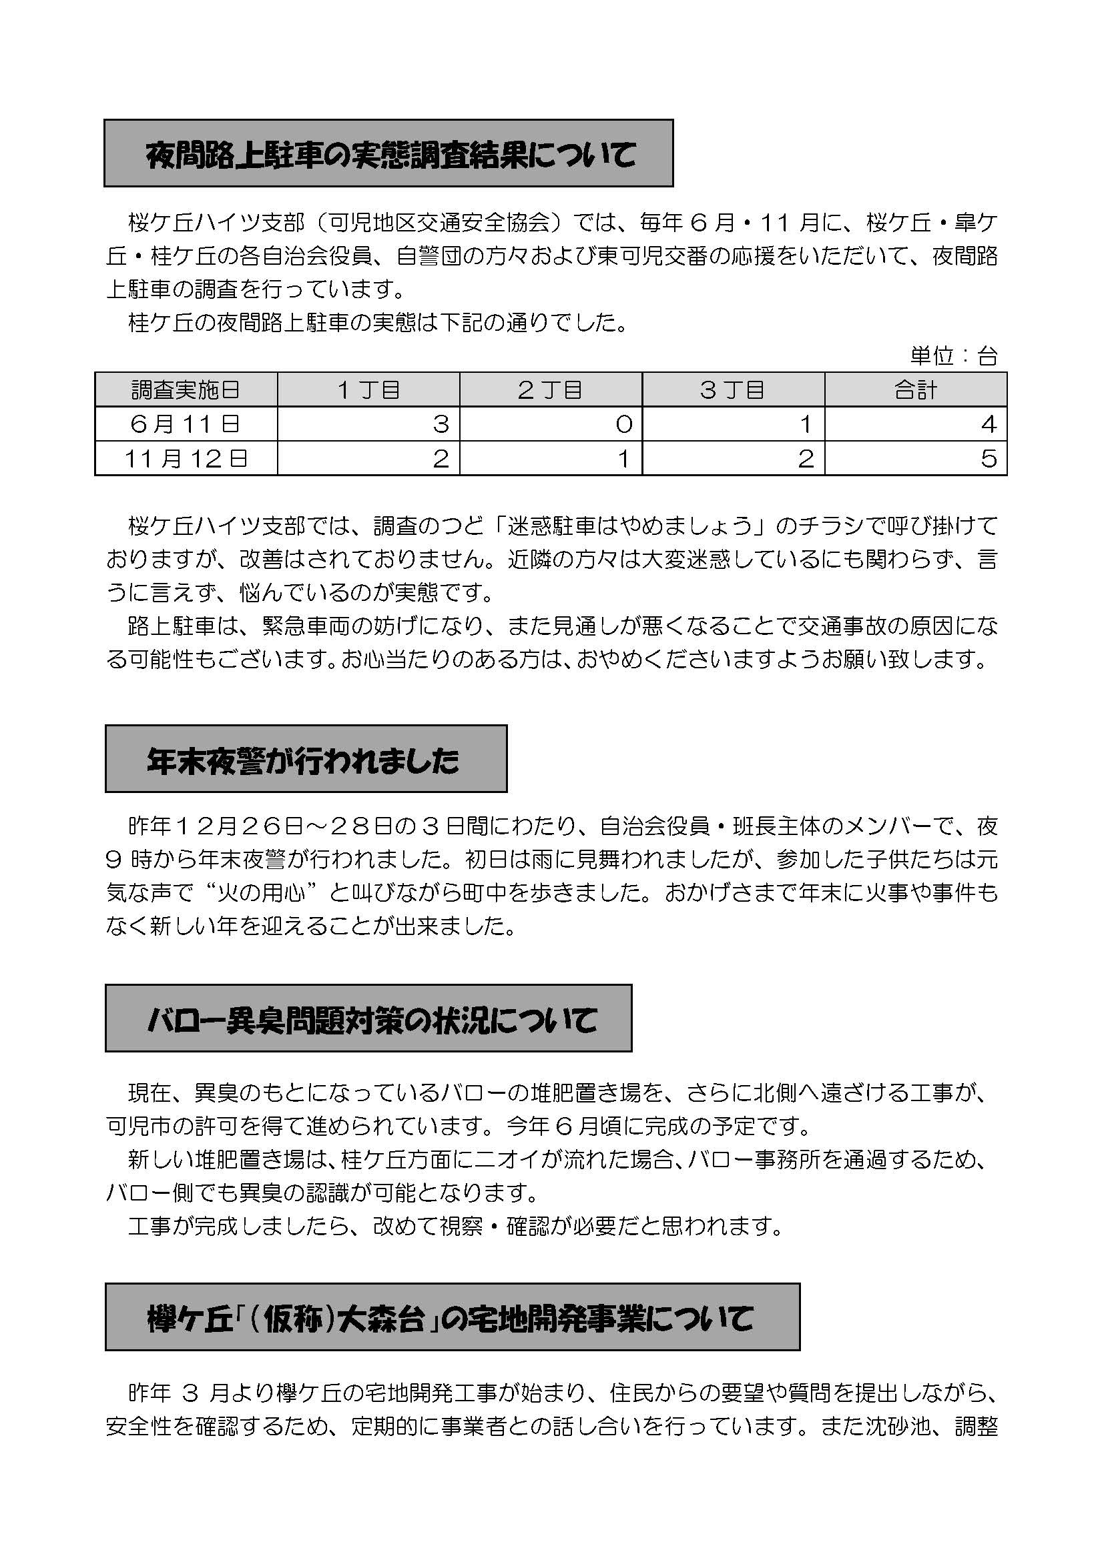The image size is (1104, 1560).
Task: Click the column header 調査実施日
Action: coord(186,390)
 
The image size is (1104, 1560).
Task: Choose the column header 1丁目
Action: coord(368,390)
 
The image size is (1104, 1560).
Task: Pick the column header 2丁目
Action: coord(551,390)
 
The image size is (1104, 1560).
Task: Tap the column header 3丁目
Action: coord(733,390)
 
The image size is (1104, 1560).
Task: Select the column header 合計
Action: coord(916,390)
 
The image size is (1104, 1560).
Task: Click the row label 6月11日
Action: coord(186,424)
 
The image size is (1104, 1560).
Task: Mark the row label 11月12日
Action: coord(186,459)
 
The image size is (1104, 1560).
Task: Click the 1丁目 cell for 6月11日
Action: coord(368,424)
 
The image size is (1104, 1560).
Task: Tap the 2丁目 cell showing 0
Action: coord(551,424)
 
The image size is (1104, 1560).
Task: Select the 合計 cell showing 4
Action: coord(916,424)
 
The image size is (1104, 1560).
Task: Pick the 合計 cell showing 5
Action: coord(916,459)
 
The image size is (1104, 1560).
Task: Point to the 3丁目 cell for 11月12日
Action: coord(733,459)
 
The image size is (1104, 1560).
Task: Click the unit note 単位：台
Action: coord(953,355)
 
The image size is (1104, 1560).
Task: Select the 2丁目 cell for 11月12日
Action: coord(551,459)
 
